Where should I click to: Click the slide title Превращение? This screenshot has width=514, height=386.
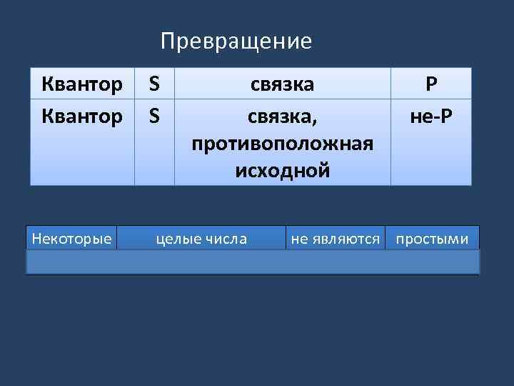(236, 41)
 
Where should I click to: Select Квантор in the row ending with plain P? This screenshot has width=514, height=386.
(82, 84)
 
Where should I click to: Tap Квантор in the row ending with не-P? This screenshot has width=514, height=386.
(82, 114)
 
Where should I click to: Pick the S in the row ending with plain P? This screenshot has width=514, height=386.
(153, 84)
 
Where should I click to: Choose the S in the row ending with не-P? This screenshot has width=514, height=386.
(153, 114)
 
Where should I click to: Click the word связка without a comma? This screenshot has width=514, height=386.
(282, 84)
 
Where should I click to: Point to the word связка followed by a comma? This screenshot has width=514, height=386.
(280, 114)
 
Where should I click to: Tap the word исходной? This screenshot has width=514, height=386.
(282, 170)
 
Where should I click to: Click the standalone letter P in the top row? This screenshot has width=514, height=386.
(430, 84)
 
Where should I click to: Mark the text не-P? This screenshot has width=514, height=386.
(430, 114)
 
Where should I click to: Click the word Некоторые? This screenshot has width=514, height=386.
(71, 239)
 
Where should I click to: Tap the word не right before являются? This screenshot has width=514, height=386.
(299, 239)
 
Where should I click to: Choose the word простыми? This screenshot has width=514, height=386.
(433, 239)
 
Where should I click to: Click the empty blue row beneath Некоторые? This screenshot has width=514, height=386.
(253, 262)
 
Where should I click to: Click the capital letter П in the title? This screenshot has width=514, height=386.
(168, 41)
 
